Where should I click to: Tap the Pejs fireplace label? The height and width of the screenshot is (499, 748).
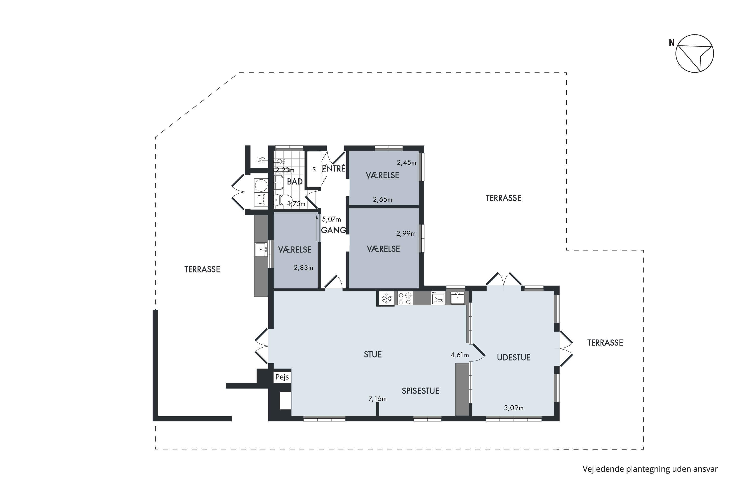click(x=282, y=377)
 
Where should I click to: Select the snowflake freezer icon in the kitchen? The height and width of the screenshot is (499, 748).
click(x=387, y=298)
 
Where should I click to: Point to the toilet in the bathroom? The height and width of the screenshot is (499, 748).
click(x=283, y=200)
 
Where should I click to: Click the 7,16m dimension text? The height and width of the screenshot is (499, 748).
click(x=377, y=399)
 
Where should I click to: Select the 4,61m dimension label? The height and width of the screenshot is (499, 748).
click(x=460, y=355)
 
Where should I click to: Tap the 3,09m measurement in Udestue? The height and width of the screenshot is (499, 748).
click(x=514, y=408)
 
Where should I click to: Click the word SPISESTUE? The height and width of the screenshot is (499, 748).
click(x=420, y=391)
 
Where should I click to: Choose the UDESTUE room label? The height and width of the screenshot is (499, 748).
click(x=514, y=357)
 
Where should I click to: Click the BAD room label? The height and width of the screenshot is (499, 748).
click(x=295, y=181)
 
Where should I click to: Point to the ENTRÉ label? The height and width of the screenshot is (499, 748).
click(x=334, y=168)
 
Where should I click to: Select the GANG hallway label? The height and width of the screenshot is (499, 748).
click(x=334, y=230)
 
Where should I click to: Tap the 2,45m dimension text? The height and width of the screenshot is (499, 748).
click(x=406, y=163)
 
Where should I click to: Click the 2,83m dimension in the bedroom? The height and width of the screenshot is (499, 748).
click(x=303, y=268)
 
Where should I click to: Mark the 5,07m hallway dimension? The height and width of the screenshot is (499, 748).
click(x=331, y=219)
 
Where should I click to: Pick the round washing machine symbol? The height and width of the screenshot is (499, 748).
click(x=261, y=185)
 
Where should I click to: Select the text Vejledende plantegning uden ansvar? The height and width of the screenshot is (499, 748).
click(x=650, y=469)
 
